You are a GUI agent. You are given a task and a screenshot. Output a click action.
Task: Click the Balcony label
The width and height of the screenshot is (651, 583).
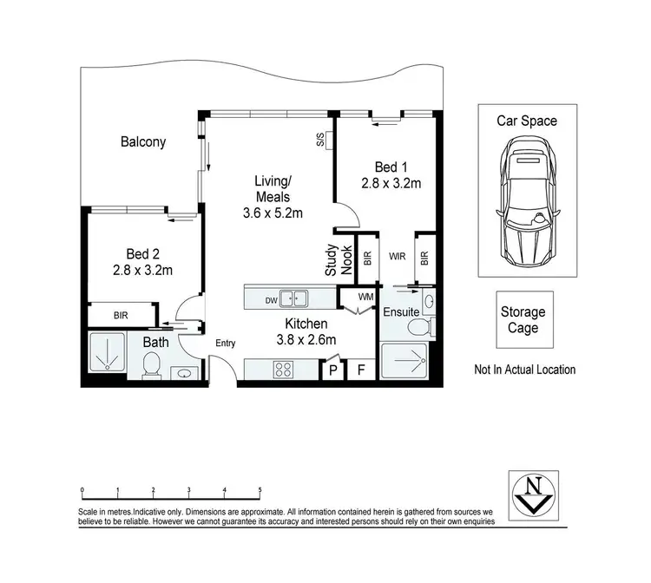tap(143, 142)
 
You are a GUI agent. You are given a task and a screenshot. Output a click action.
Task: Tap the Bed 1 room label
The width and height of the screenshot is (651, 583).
tap(391, 167)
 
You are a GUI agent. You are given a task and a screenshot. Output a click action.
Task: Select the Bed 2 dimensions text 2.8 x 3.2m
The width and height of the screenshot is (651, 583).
tap(143, 270)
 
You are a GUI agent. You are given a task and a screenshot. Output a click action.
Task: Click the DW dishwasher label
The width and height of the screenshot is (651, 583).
tap(272, 299)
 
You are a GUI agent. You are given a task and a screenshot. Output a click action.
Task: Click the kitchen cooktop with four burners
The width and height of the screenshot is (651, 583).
tap(284, 370)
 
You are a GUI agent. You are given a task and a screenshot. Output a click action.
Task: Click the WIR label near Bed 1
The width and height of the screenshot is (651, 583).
tap(398, 257)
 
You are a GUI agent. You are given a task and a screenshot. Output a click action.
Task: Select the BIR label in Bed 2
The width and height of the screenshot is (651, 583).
tap(121, 316)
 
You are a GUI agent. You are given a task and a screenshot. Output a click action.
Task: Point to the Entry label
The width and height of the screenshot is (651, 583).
tap(226, 344)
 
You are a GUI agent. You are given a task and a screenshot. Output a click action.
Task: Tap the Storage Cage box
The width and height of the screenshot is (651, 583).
tap(523, 320)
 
